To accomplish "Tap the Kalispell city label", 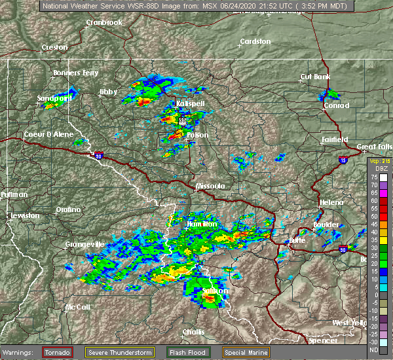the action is (x=190, y=104).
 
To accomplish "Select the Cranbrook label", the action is (x=105, y=22).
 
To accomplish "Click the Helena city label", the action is (x=331, y=202).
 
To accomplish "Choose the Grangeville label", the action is (x=84, y=244).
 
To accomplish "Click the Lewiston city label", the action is (x=24, y=215).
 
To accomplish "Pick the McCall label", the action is (x=77, y=307).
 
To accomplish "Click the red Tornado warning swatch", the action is (x=58, y=352).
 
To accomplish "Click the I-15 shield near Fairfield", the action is (x=343, y=159).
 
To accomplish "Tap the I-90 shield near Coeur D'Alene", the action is (x=98, y=156).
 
